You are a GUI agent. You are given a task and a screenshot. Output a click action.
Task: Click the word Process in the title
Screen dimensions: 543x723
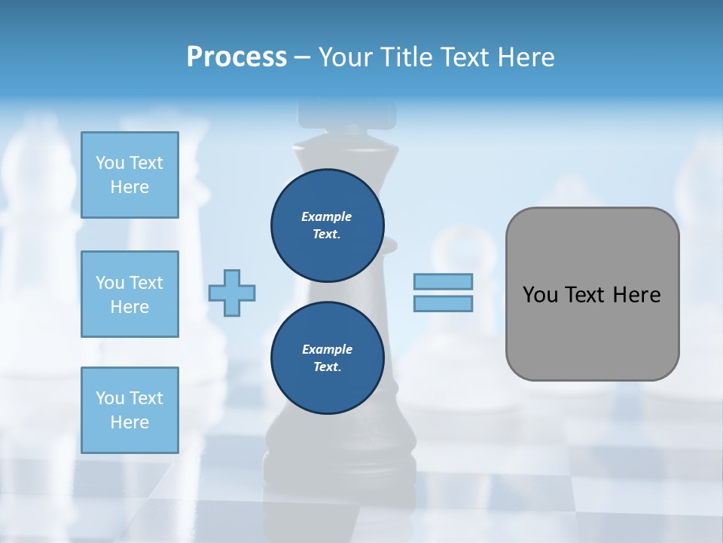click(236, 57)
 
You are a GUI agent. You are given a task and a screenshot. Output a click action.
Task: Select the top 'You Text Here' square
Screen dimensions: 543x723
click(130, 175)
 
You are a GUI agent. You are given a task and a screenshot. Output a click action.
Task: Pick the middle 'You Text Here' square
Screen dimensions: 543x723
click(130, 294)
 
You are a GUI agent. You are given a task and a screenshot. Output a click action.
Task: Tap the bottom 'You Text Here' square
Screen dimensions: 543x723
click(130, 410)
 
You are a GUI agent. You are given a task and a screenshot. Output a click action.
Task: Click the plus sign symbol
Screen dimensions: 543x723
click(232, 293)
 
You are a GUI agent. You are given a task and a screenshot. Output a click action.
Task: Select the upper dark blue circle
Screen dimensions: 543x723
click(327, 225)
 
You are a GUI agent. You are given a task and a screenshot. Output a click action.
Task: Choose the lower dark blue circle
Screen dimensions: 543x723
click(327, 358)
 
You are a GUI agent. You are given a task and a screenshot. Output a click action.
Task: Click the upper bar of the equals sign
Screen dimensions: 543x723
click(443, 282)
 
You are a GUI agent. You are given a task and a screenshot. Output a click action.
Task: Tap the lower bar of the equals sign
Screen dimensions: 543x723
click(443, 304)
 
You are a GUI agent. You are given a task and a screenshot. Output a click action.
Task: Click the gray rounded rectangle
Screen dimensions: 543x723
click(592, 332)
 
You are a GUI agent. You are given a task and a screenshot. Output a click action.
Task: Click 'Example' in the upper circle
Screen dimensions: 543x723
click(327, 216)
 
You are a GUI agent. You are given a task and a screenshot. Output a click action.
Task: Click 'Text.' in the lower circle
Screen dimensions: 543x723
click(327, 367)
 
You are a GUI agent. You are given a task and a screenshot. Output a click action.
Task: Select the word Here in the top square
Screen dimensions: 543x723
click(130, 187)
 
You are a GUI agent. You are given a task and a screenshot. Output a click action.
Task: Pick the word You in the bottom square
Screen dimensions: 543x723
click(110, 398)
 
